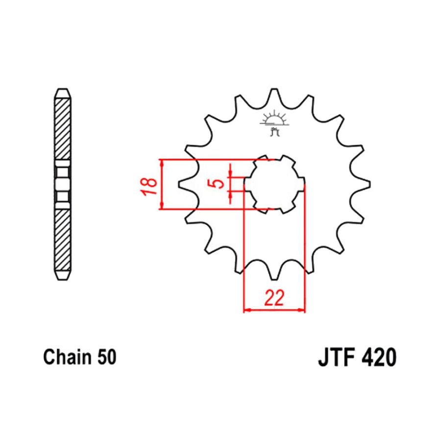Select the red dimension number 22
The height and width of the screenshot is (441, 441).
coord(274,298)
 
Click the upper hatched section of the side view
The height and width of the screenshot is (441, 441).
coord(62,127)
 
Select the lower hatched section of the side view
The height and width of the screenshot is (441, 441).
coord(62,240)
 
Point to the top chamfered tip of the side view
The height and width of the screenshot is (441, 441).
coord(62,93)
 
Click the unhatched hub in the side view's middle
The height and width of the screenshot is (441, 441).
coord(62,184)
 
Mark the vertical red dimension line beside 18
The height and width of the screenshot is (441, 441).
coord(161,184)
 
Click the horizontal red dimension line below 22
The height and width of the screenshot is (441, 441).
coord(274,310)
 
